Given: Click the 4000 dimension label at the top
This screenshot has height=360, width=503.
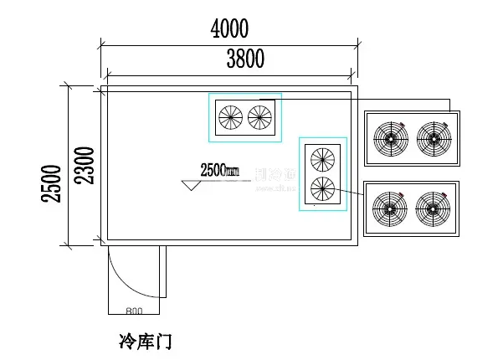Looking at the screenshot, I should pyautogui.click(x=229, y=29).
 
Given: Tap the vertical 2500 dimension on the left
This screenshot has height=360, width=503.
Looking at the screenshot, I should pyautogui.click(x=52, y=184).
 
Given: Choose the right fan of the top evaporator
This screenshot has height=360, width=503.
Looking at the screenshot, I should pyautogui.click(x=260, y=117).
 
